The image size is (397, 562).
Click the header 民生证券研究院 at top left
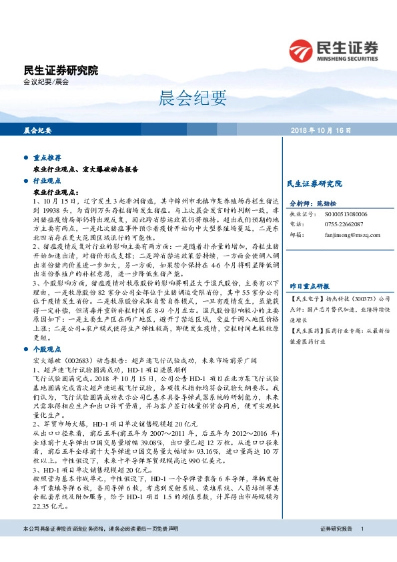(60, 70)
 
